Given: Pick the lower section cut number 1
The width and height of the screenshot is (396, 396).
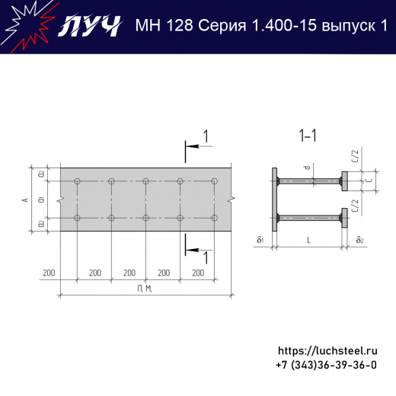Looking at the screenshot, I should [204, 257].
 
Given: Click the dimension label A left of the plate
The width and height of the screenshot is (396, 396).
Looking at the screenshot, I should [25, 200].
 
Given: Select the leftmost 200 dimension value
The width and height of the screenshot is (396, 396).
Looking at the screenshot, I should [49, 272].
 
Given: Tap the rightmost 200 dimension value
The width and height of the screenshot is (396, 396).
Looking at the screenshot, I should [197, 272].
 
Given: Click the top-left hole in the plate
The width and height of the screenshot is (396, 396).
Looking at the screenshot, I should [77, 181].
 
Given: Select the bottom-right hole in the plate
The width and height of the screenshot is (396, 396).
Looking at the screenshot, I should [214, 219].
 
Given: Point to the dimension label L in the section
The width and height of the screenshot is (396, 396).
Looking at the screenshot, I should [308, 241].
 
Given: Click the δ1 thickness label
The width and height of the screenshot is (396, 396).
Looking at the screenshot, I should [260, 241].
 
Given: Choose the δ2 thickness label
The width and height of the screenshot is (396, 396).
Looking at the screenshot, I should [359, 241].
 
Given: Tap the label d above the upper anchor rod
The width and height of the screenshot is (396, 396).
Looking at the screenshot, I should [306, 167].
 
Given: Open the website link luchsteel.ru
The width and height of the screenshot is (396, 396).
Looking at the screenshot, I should [327, 351].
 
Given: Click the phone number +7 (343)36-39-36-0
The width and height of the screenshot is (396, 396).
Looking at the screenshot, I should [326, 366].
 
